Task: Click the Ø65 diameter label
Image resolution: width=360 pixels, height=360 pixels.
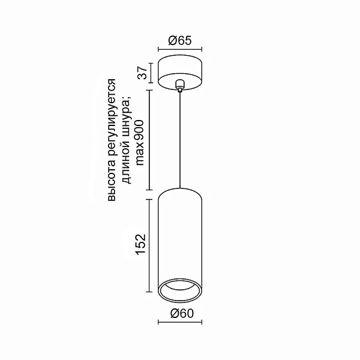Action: click(x=179, y=40)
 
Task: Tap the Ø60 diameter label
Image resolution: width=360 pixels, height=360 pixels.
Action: click(x=179, y=313)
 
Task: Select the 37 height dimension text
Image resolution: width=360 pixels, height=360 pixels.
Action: click(x=142, y=73)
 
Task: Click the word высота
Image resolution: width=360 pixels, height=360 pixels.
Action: click(x=112, y=185)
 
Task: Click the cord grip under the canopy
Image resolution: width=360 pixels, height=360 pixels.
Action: click(x=179, y=88)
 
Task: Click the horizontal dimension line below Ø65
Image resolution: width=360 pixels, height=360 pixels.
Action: click(x=179, y=50)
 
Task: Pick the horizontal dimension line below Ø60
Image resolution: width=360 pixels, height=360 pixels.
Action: click(x=179, y=322)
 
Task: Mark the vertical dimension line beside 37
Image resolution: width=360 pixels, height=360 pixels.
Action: click(x=150, y=72)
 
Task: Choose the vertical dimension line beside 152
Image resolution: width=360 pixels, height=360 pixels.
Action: click(x=150, y=245)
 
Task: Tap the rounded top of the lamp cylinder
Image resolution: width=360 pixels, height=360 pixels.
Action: click(x=179, y=191)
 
